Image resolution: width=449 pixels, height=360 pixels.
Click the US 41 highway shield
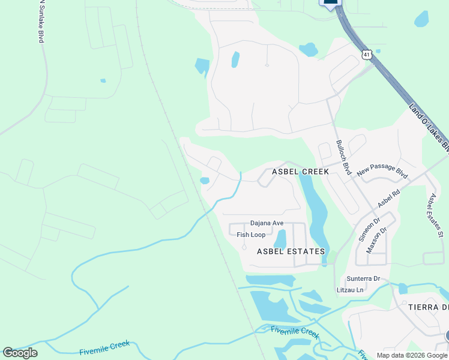click(x=367, y=54)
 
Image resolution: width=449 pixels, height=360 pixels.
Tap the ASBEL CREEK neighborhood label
click(x=300, y=172)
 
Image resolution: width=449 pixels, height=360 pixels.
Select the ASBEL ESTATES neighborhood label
click(x=291, y=251)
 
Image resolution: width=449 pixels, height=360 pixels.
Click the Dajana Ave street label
click(x=267, y=223)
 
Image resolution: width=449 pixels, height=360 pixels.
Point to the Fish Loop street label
click(x=251, y=235)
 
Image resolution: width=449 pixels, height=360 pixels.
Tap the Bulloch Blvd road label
click(x=343, y=157)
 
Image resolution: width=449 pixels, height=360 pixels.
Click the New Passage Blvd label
click(x=382, y=172)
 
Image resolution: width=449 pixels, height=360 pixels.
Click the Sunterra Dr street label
click(x=363, y=278)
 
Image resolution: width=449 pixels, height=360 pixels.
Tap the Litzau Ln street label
click(x=351, y=290)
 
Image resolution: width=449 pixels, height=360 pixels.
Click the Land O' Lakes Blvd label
click(x=430, y=127)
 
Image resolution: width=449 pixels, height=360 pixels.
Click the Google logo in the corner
click(x=20, y=353)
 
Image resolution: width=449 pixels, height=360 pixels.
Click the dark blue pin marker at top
click(x=331, y=4)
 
